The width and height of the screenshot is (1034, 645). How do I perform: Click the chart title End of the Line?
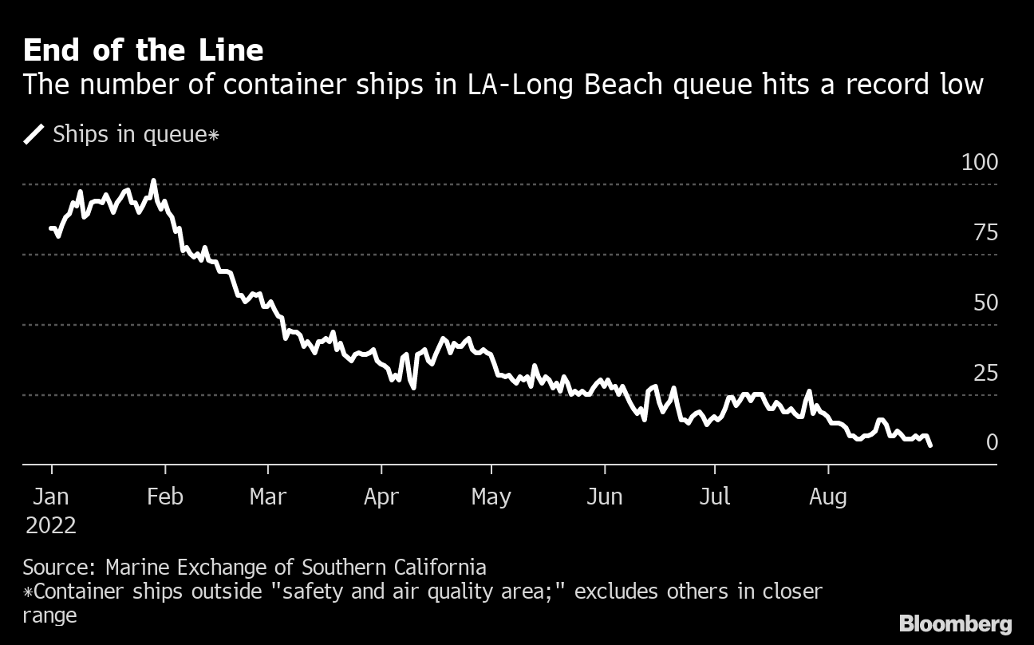pyautogui.click(x=143, y=50)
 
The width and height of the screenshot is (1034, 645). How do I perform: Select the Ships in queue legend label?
pyautogui.click(x=135, y=134)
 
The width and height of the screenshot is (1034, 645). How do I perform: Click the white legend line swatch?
pyautogui.click(x=34, y=134)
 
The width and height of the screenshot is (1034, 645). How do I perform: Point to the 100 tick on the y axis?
pyautogui.click(x=980, y=163)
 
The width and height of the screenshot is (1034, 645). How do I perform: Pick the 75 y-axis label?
pyautogui.click(x=986, y=233)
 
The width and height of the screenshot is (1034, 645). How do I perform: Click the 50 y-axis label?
pyautogui.click(x=986, y=303)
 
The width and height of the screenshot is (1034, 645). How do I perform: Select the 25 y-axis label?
pyautogui.click(x=986, y=373)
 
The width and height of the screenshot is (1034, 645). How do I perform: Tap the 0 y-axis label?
pyautogui.click(x=992, y=442)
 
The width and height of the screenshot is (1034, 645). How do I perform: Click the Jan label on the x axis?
pyautogui.click(x=51, y=497)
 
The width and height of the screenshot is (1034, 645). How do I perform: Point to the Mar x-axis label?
pyautogui.click(x=267, y=497)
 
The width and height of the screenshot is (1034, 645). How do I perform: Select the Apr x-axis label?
pyautogui.click(x=381, y=497)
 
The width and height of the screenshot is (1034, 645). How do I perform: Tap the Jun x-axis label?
pyautogui.click(x=604, y=497)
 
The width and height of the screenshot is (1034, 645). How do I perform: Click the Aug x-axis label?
pyautogui.click(x=828, y=497)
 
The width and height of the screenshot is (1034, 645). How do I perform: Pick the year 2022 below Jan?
pyautogui.click(x=51, y=525)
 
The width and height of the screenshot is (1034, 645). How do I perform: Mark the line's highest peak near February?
pyautogui.click(x=153, y=181)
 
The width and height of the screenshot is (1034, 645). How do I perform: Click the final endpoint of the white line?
pyautogui.click(x=930, y=445)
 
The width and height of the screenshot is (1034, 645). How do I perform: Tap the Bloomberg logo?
pyautogui.click(x=955, y=623)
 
